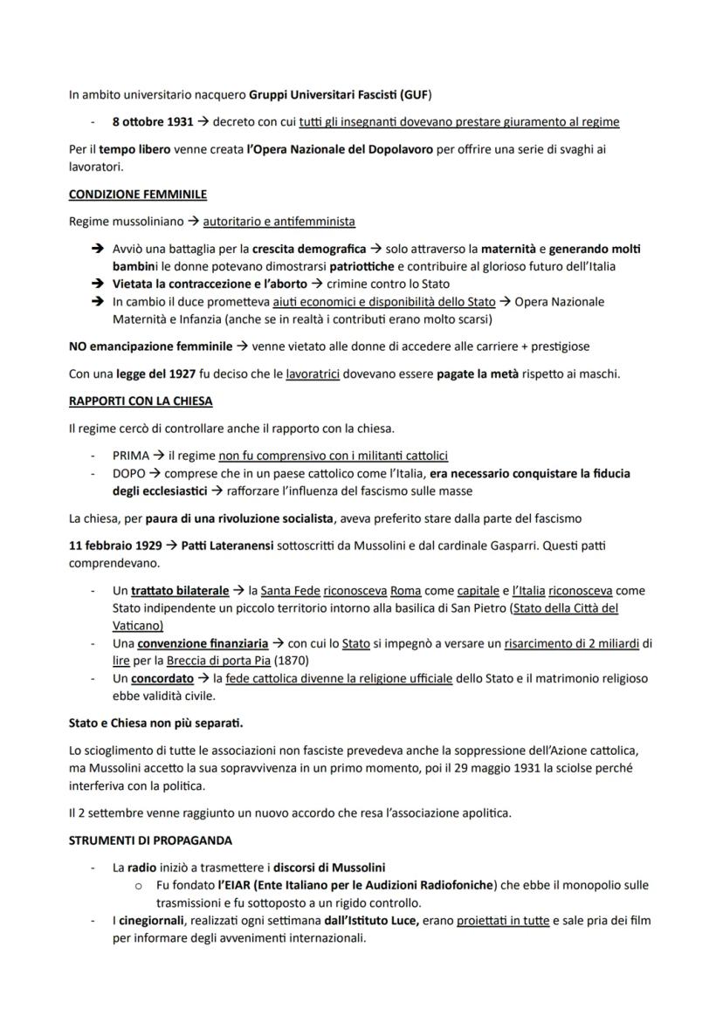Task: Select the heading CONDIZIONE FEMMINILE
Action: tap(137, 194)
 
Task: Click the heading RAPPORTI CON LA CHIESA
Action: tap(141, 401)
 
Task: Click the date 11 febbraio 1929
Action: tap(113, 545)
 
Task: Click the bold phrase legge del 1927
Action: tap(156, 374)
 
